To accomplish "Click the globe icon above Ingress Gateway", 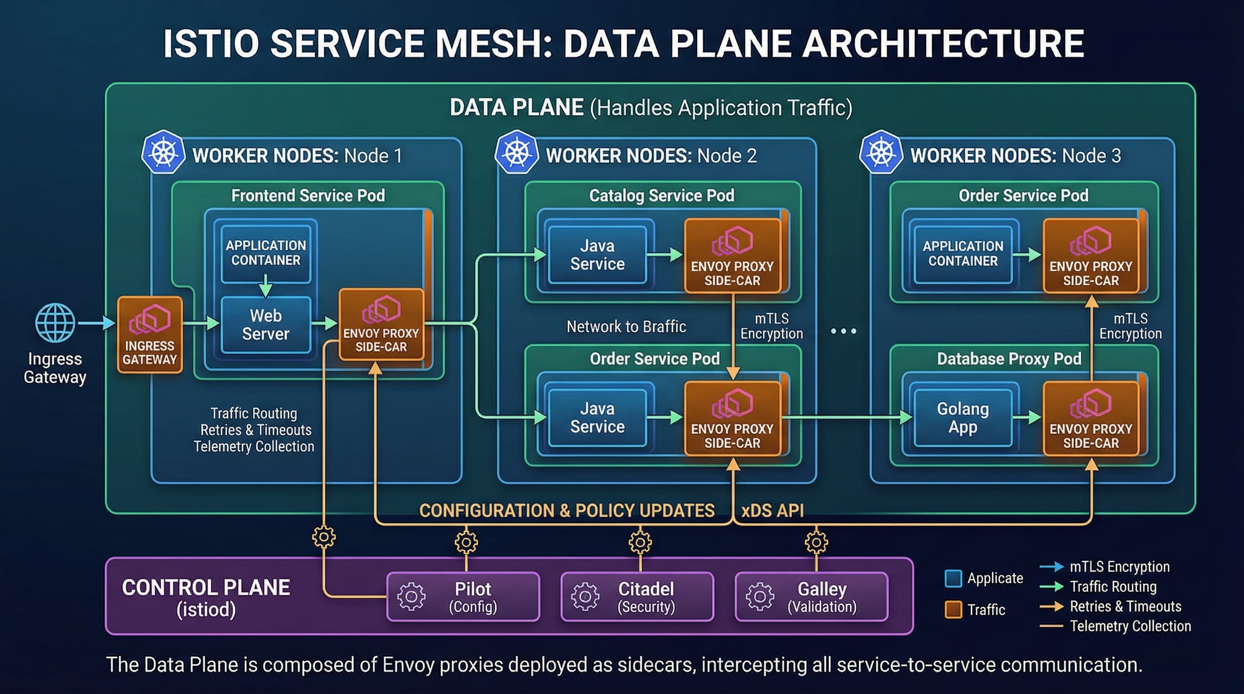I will pyautogui.click(x=55, y=323).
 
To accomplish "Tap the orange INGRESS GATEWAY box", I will pyautogui.click(x=150, y=335).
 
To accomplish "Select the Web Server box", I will pyautogui.click(x=266, y=325).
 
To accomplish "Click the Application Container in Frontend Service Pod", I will pyautogui.click(x=266, y=252).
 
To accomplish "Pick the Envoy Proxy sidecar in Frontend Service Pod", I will pyautogui.click(x=381, y=325).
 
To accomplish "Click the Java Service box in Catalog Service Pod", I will pyautogui.click(x=597, y=255).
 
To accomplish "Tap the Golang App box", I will pyautogui.click(x=962, y=418).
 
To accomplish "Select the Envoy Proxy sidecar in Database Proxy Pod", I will pyautogui.click(x=1090, y=418).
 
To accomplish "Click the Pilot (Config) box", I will pyautogui.click(x=463, y=596).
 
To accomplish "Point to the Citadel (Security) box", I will pyautogui.click(x=637, y=596).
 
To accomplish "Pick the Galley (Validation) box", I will pyautogui.click(x=811, y=596).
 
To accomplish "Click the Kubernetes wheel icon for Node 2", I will pyautogui.click(x=516, y=152).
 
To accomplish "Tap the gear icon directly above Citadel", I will pyautogui.click(x=640, y=542).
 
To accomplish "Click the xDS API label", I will pyautogui.click(x=772, y=511).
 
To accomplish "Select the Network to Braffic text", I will pyautogui.click(x=626, y=326).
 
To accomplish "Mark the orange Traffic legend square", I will pyautogui.click(x=953, y=609).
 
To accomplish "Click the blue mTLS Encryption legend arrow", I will pyautogui.click(x=1051, y=567).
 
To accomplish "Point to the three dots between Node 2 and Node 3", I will pyautogui.click(x=843, y=331).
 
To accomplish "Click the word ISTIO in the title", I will pyautogui.click(x=211, y=44).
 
